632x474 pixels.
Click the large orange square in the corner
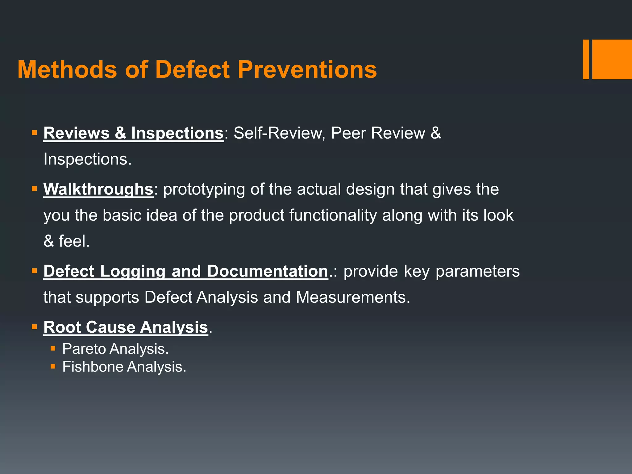(x=612, y=59)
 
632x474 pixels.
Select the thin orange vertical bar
(x=586, y=59)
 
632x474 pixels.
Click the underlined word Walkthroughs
(x=98, y=189)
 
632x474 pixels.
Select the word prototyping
(x=204, y=189)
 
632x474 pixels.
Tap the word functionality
(x=333, y=215)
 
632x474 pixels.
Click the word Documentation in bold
(x=267, y=271)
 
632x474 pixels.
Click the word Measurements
(x=353, y=297)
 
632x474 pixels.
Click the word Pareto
(x=84, y=349)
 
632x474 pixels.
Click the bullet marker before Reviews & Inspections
(x=34, y=133)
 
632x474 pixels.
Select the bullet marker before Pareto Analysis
(x=53, y=349)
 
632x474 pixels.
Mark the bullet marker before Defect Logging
(x=34, y=271)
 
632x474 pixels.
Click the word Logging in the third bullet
(x=133, y=271)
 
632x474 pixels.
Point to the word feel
(x=74, y=241)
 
